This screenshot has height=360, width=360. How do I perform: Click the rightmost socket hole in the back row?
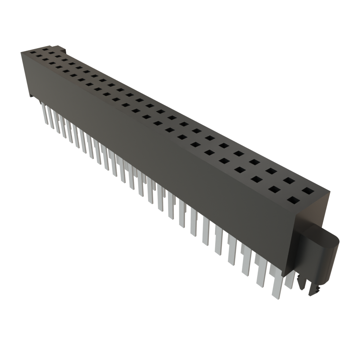coord(308,191)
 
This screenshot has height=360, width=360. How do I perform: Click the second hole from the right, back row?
coord(289,181)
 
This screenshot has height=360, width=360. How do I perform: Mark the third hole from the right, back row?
coord(271,171)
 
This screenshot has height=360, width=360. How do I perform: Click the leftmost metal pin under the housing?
coord(44,112)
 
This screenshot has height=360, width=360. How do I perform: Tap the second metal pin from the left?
coord(50,116)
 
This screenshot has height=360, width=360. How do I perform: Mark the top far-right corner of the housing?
coord(330,192)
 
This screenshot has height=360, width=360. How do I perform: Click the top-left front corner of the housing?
coord(21,52)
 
